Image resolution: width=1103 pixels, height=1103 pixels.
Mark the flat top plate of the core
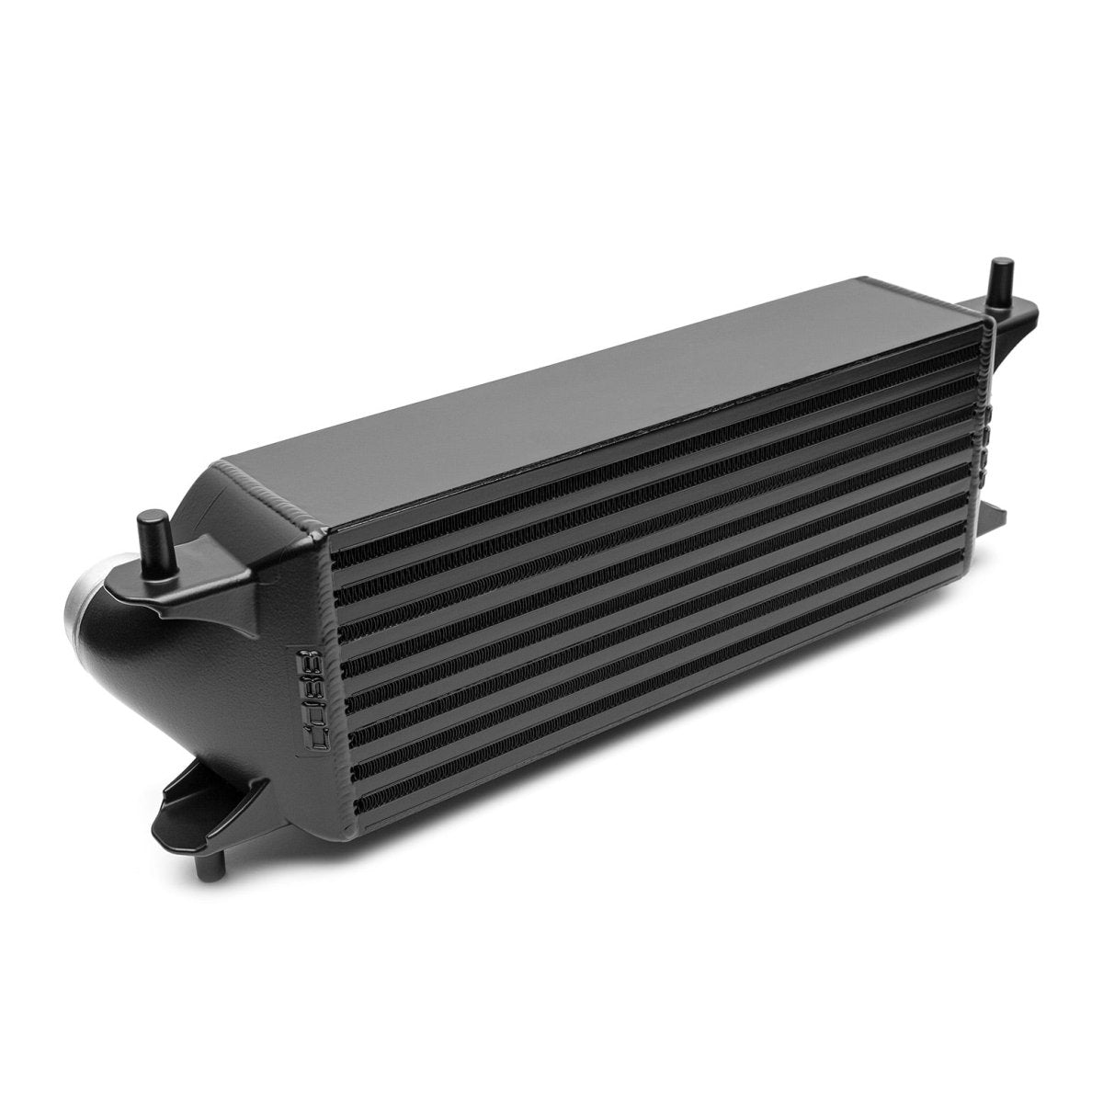coord(597,368)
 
